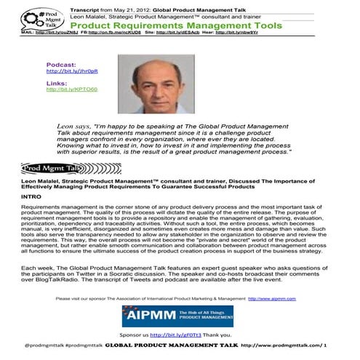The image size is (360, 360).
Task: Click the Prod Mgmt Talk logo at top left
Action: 32,15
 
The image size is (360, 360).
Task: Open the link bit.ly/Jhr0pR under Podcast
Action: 66,71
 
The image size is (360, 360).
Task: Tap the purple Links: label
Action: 56,83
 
